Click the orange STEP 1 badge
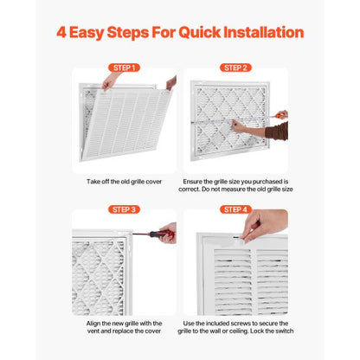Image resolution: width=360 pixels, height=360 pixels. pos(124,67)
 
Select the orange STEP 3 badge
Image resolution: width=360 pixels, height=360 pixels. pos(124,209)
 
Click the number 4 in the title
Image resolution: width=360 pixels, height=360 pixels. pos(61,33)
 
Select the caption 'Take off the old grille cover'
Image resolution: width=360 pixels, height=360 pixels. pos(124,183)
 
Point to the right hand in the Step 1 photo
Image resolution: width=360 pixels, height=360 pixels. pos(171,83)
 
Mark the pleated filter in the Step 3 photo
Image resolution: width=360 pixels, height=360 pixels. pos(100,273)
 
